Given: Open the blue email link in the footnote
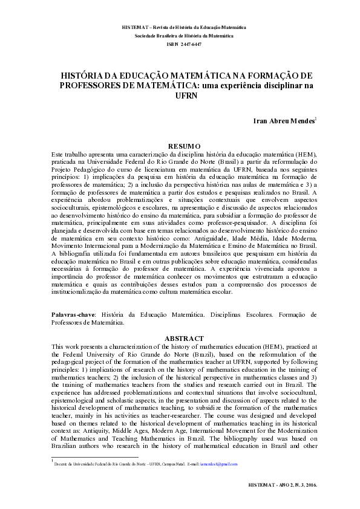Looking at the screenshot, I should pos(220,464).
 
